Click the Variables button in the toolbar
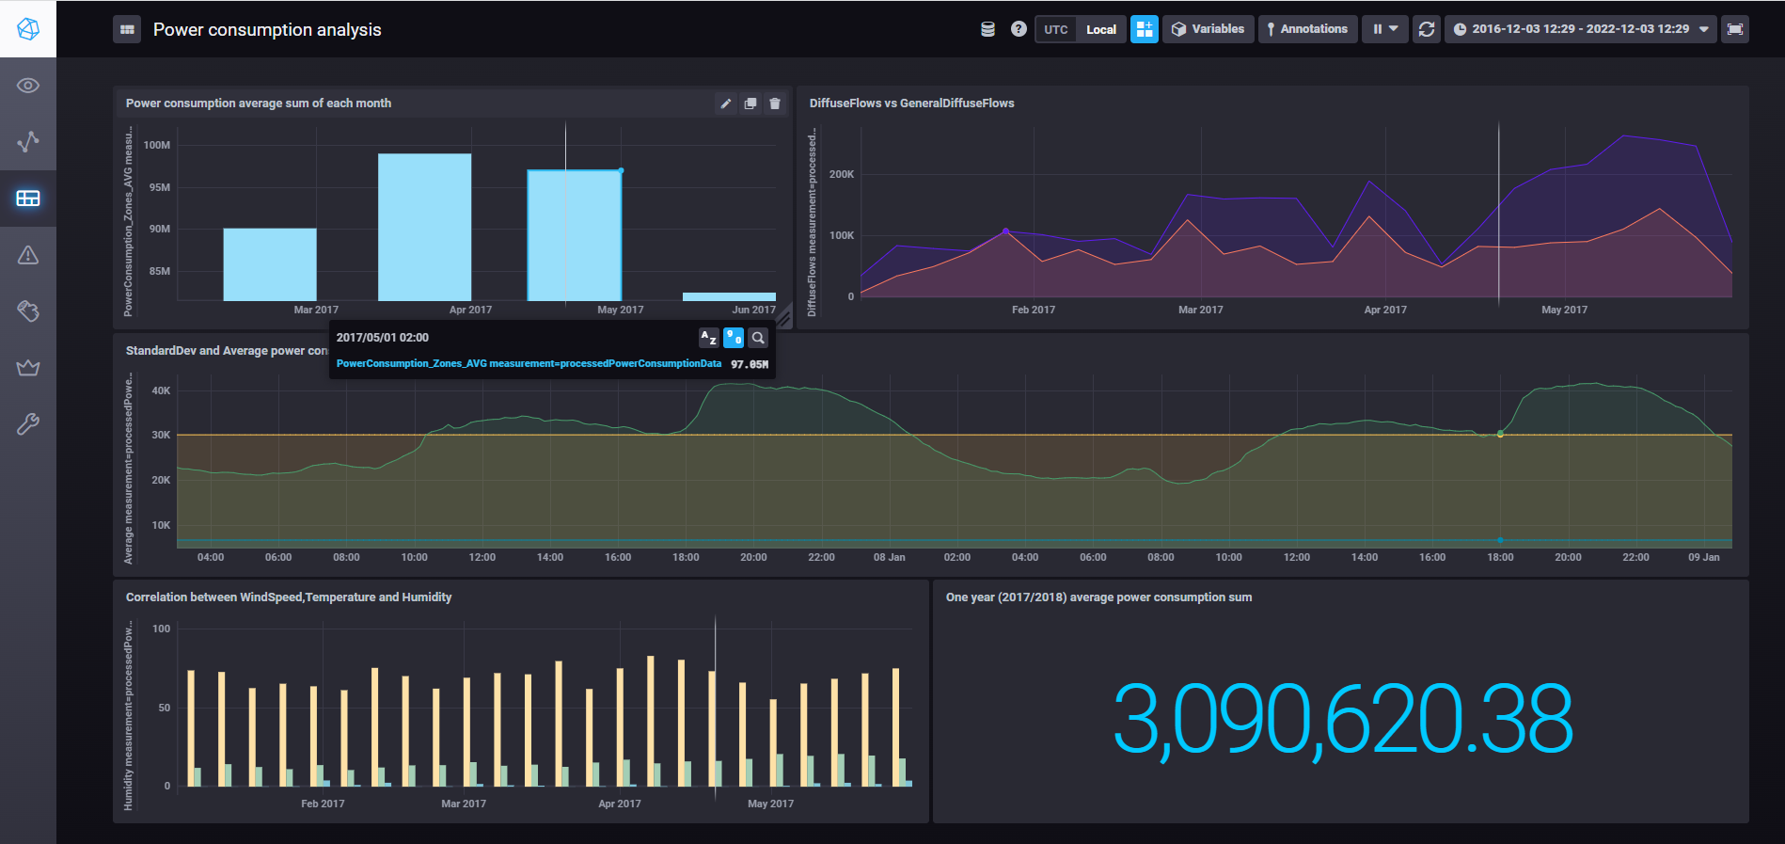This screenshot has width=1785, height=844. coord(1208,29)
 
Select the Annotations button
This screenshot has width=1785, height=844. coord(1307,29)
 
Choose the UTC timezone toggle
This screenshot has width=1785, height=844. coord(1055,30)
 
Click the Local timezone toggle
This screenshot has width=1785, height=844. coord(1101,30)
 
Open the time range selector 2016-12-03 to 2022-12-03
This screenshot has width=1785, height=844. coord(1580,29)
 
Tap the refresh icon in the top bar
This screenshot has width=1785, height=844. coord(1427,29)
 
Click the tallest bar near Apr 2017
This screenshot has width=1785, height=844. coord(424,227)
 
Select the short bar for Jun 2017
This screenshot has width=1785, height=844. coord(729,296)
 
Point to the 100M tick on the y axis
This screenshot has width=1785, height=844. coord(157,145)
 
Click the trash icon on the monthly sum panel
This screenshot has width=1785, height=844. coord(775,104)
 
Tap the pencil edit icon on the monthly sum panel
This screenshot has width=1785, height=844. coord(726,104)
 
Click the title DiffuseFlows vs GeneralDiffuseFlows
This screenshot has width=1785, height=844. coord(911,104)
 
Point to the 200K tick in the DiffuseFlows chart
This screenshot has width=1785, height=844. coord(842,174)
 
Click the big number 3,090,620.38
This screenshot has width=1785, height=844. coord(1342,720)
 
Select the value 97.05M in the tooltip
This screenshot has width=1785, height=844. coord(750,364)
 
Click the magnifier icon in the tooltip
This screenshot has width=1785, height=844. coord(758,338)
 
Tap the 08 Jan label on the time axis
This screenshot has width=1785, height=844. coord(889,558)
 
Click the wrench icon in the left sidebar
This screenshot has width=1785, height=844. coord(28,424)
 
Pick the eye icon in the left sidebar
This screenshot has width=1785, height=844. coord(28,86)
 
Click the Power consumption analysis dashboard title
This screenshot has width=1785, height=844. coord(267,30)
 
